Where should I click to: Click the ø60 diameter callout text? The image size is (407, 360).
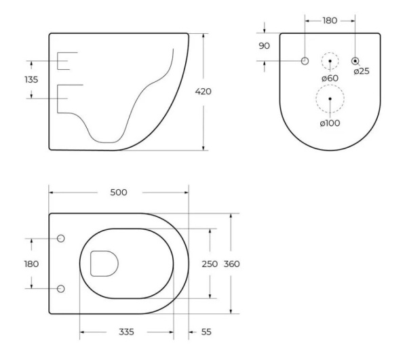(330, 78)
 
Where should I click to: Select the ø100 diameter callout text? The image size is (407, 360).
(330, 123)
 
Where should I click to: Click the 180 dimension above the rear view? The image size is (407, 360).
(330, 21)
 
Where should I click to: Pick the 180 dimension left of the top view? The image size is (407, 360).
(31, 264)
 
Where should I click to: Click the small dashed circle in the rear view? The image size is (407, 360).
(330, 62)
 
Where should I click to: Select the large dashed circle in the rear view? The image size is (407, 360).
(330, 99)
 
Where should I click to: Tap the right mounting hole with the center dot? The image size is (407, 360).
(355, 62)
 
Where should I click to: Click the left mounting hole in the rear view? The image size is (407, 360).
(305, 62)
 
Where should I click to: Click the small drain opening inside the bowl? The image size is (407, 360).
(103, 263)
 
